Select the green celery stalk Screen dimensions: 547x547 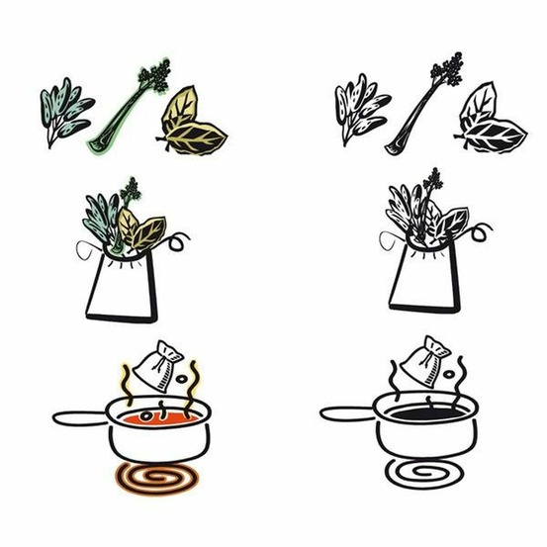tap(119, 114)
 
